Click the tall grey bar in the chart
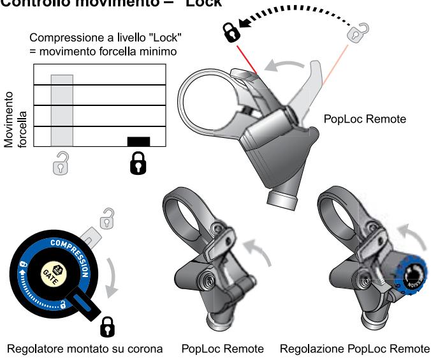62,110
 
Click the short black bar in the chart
138,142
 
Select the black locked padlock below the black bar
138,165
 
